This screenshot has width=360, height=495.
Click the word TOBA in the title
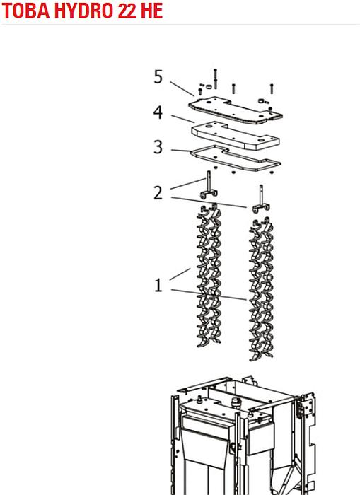tap(25, 11)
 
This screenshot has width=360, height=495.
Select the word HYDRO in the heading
tap(83, 11)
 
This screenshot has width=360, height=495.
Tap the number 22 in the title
tap(127, 11)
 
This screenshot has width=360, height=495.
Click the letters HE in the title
tap(152, 11)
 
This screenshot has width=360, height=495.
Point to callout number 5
tap(158, 76)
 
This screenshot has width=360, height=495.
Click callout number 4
tap(158, 112)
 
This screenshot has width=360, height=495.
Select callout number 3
tap(158, 147)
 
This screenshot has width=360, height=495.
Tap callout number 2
tap(158, 192)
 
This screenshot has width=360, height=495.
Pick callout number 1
tap(158, 285)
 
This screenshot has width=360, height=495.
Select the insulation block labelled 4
tap(236, 136)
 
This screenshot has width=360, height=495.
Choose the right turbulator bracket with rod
tap(261, 199)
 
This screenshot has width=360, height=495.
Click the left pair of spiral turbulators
tap(209, 274)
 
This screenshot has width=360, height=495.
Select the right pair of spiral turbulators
tap(261, 289)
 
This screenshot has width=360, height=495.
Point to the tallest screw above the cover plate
tap(216, 78)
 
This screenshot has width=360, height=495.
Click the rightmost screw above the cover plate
tap(272, 88)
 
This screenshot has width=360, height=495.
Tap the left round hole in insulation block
tap(209, 127)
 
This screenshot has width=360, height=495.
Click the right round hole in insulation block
tap(262, 140)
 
